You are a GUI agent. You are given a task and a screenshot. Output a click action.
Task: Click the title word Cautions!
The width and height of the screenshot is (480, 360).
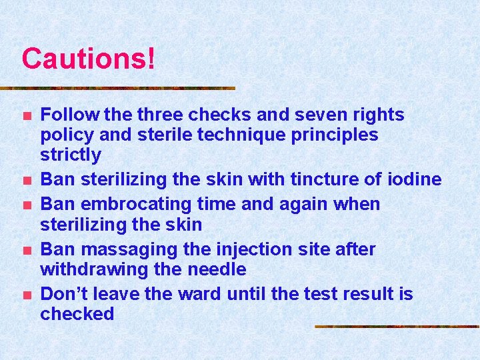(89, 59)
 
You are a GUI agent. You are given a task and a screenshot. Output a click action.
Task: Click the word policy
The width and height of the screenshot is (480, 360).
(67, 135)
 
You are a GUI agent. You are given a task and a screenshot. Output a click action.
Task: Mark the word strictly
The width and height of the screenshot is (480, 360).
(71, 155)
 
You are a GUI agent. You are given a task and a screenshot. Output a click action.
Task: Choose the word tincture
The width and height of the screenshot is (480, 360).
(311, 179)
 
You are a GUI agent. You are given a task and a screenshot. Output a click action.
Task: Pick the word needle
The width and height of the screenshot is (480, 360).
(218, 269)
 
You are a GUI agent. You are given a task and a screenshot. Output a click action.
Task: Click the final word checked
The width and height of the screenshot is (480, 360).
(77, 314)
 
